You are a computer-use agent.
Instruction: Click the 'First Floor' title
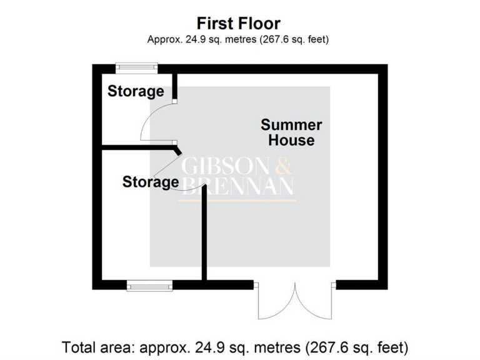pyautogui.click(x=238, y=24)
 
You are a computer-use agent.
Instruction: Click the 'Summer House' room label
pyautogui.click(x=291, y=132)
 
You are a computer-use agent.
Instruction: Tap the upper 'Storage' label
pyautogui.click(x=136, y=91)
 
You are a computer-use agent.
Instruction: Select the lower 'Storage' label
pyautogui.click(x=151, y=182)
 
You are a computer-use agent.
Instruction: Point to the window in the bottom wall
pyautogui.click(x=149, y=286)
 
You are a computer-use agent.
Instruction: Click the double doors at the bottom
pyautogui.click(x=295, y=301)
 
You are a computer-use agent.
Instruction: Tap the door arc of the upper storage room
pyautogui.click(x=150, y=122)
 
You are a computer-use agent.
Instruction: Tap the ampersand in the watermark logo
pyautogui.click(x=283, y=167)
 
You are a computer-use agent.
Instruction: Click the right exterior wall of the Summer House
pyautogui.click(x=382, y=175)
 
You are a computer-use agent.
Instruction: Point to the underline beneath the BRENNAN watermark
pyautogui.click(x=237, y=200)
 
